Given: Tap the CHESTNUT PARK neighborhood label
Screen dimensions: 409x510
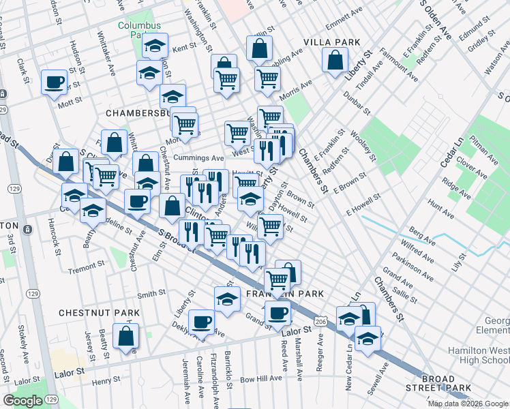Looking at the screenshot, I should (x=99, y=313).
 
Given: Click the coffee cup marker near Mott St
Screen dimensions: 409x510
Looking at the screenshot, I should (x=54, y=83).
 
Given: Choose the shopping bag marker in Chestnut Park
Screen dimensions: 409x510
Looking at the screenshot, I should (x=126, y=336).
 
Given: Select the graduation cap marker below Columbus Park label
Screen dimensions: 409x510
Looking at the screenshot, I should (x=155, y=46).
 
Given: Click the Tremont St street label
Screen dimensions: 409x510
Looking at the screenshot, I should (x=86, y=267).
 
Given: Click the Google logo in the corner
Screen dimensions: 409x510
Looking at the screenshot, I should (x=23, y=401).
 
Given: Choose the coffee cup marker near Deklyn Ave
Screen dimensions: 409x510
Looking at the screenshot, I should (x=201, y=320).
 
